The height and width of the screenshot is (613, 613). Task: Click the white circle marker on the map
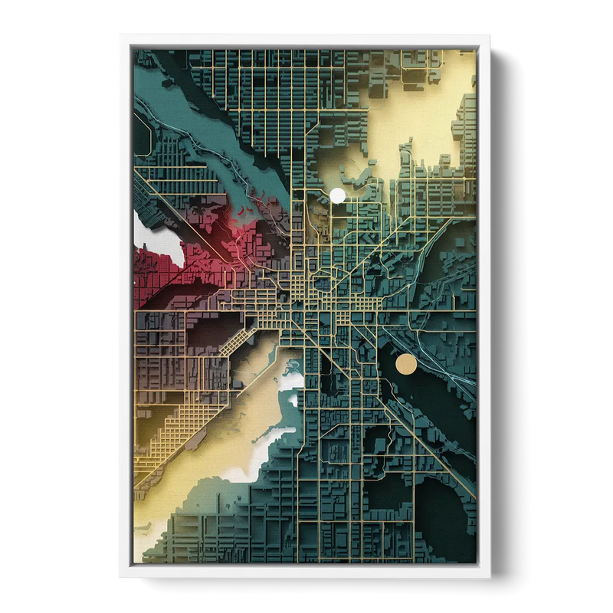pos(337,195)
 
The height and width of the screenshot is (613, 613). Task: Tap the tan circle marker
pos(405,363)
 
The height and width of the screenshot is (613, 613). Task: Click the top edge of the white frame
pos(306,38)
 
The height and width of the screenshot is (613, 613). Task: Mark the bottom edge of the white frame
pos(306,572)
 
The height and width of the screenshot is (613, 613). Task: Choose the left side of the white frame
pos(126,306)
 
